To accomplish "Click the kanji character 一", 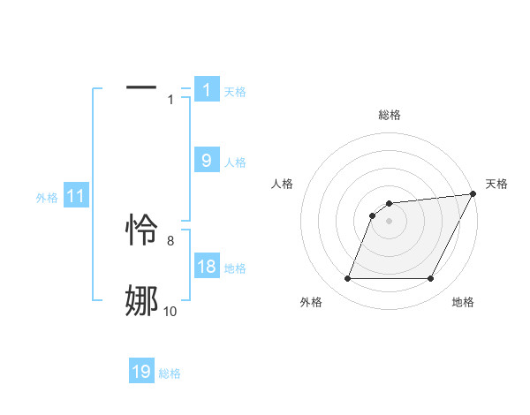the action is [x=141, y=88].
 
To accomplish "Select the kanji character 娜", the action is [x=141, y=301].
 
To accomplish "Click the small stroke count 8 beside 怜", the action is [x=170, y=239].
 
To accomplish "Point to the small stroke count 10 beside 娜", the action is [x=170, y=311].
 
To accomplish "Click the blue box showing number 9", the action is [x=207, y=160].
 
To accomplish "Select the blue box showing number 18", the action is [x=207, y=267].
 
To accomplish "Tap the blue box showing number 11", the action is [x=76, y=196].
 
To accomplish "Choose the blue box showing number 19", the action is [x=141, y=372].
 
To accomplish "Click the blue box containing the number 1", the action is [x=207, y=89].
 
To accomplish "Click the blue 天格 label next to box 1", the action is [x=235, y=91].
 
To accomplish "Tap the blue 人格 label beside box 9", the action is [x=235, y=162].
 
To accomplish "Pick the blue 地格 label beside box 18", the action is [x=235, y=268].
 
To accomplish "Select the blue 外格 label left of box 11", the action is [x=47, y=198].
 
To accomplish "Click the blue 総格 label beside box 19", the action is [x=170, y=373].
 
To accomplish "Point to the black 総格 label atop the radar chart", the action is [x=390, y=115].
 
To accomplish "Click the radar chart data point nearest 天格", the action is [x=473, y=194].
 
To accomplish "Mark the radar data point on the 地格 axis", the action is [x=431, y=279].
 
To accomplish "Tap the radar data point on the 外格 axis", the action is [x=347, y=279].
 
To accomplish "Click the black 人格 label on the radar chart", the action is [x=283, y=184].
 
